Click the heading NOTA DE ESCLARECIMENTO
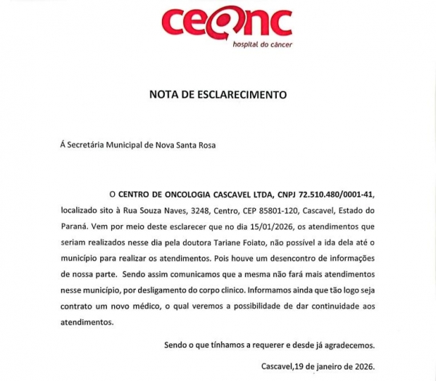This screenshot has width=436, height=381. tap(218, 95)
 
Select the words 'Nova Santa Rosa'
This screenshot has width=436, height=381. tap(186, 144)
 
